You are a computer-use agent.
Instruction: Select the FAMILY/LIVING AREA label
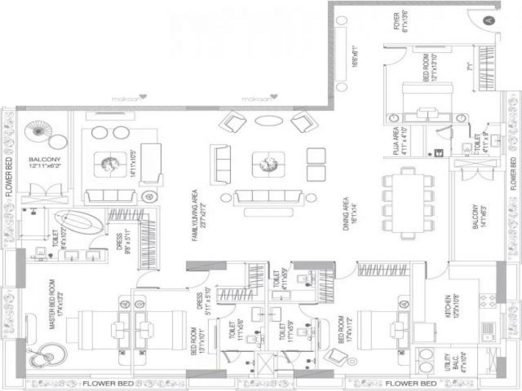[x=194, y=215]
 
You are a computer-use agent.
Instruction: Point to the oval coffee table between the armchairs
[x=268, y=120]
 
